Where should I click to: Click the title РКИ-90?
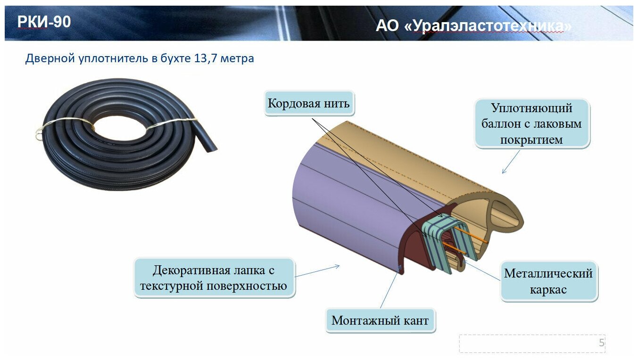point(44,22)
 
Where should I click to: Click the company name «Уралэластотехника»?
point(488,26)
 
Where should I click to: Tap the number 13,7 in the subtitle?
point(207,59)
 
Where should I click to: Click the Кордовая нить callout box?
point(309,104)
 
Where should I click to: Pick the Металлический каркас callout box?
point(548,281)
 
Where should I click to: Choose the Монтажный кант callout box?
point(380,321)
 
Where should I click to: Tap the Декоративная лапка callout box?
point(214,278)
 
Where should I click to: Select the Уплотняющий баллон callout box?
point(531,124)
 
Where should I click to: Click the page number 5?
point(601,343)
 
